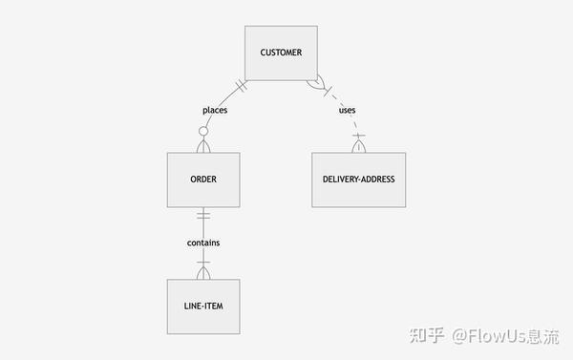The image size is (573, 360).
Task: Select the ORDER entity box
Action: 202,180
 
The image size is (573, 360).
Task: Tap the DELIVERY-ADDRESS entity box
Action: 358,180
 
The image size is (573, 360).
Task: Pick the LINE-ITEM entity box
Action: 202,307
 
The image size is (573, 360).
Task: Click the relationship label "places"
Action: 215,110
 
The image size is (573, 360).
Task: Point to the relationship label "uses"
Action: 348,110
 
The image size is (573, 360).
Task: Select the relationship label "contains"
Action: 202,243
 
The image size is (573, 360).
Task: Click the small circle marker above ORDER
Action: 202,131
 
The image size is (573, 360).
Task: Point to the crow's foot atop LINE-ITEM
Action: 202,272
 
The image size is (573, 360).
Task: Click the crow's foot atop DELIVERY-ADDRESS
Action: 359,145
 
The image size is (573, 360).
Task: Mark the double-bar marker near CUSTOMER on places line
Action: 241,86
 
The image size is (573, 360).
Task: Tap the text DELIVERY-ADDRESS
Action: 358,180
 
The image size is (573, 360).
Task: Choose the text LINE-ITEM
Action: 202,307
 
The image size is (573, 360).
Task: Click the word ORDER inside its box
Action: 202,180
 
